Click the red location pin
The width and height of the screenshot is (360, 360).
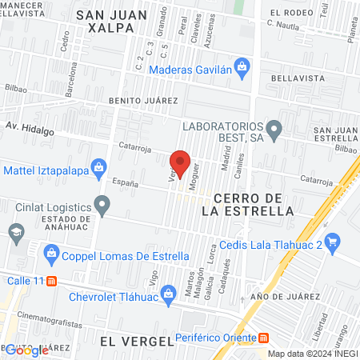coord(180,163)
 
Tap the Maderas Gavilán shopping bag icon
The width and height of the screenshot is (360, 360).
coord(241,65)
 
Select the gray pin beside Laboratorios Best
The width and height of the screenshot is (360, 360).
coord(274,128)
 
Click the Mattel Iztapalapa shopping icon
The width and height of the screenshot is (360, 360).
coord(98,167)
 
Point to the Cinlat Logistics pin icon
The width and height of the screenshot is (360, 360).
coord(102,206)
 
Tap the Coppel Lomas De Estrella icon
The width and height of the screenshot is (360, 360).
coord(52,255)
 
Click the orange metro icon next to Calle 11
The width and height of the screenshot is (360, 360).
coord(53,281)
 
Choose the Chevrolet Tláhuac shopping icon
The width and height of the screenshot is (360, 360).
coord(169,294)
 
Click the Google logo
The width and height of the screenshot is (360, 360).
coord(26,350)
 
